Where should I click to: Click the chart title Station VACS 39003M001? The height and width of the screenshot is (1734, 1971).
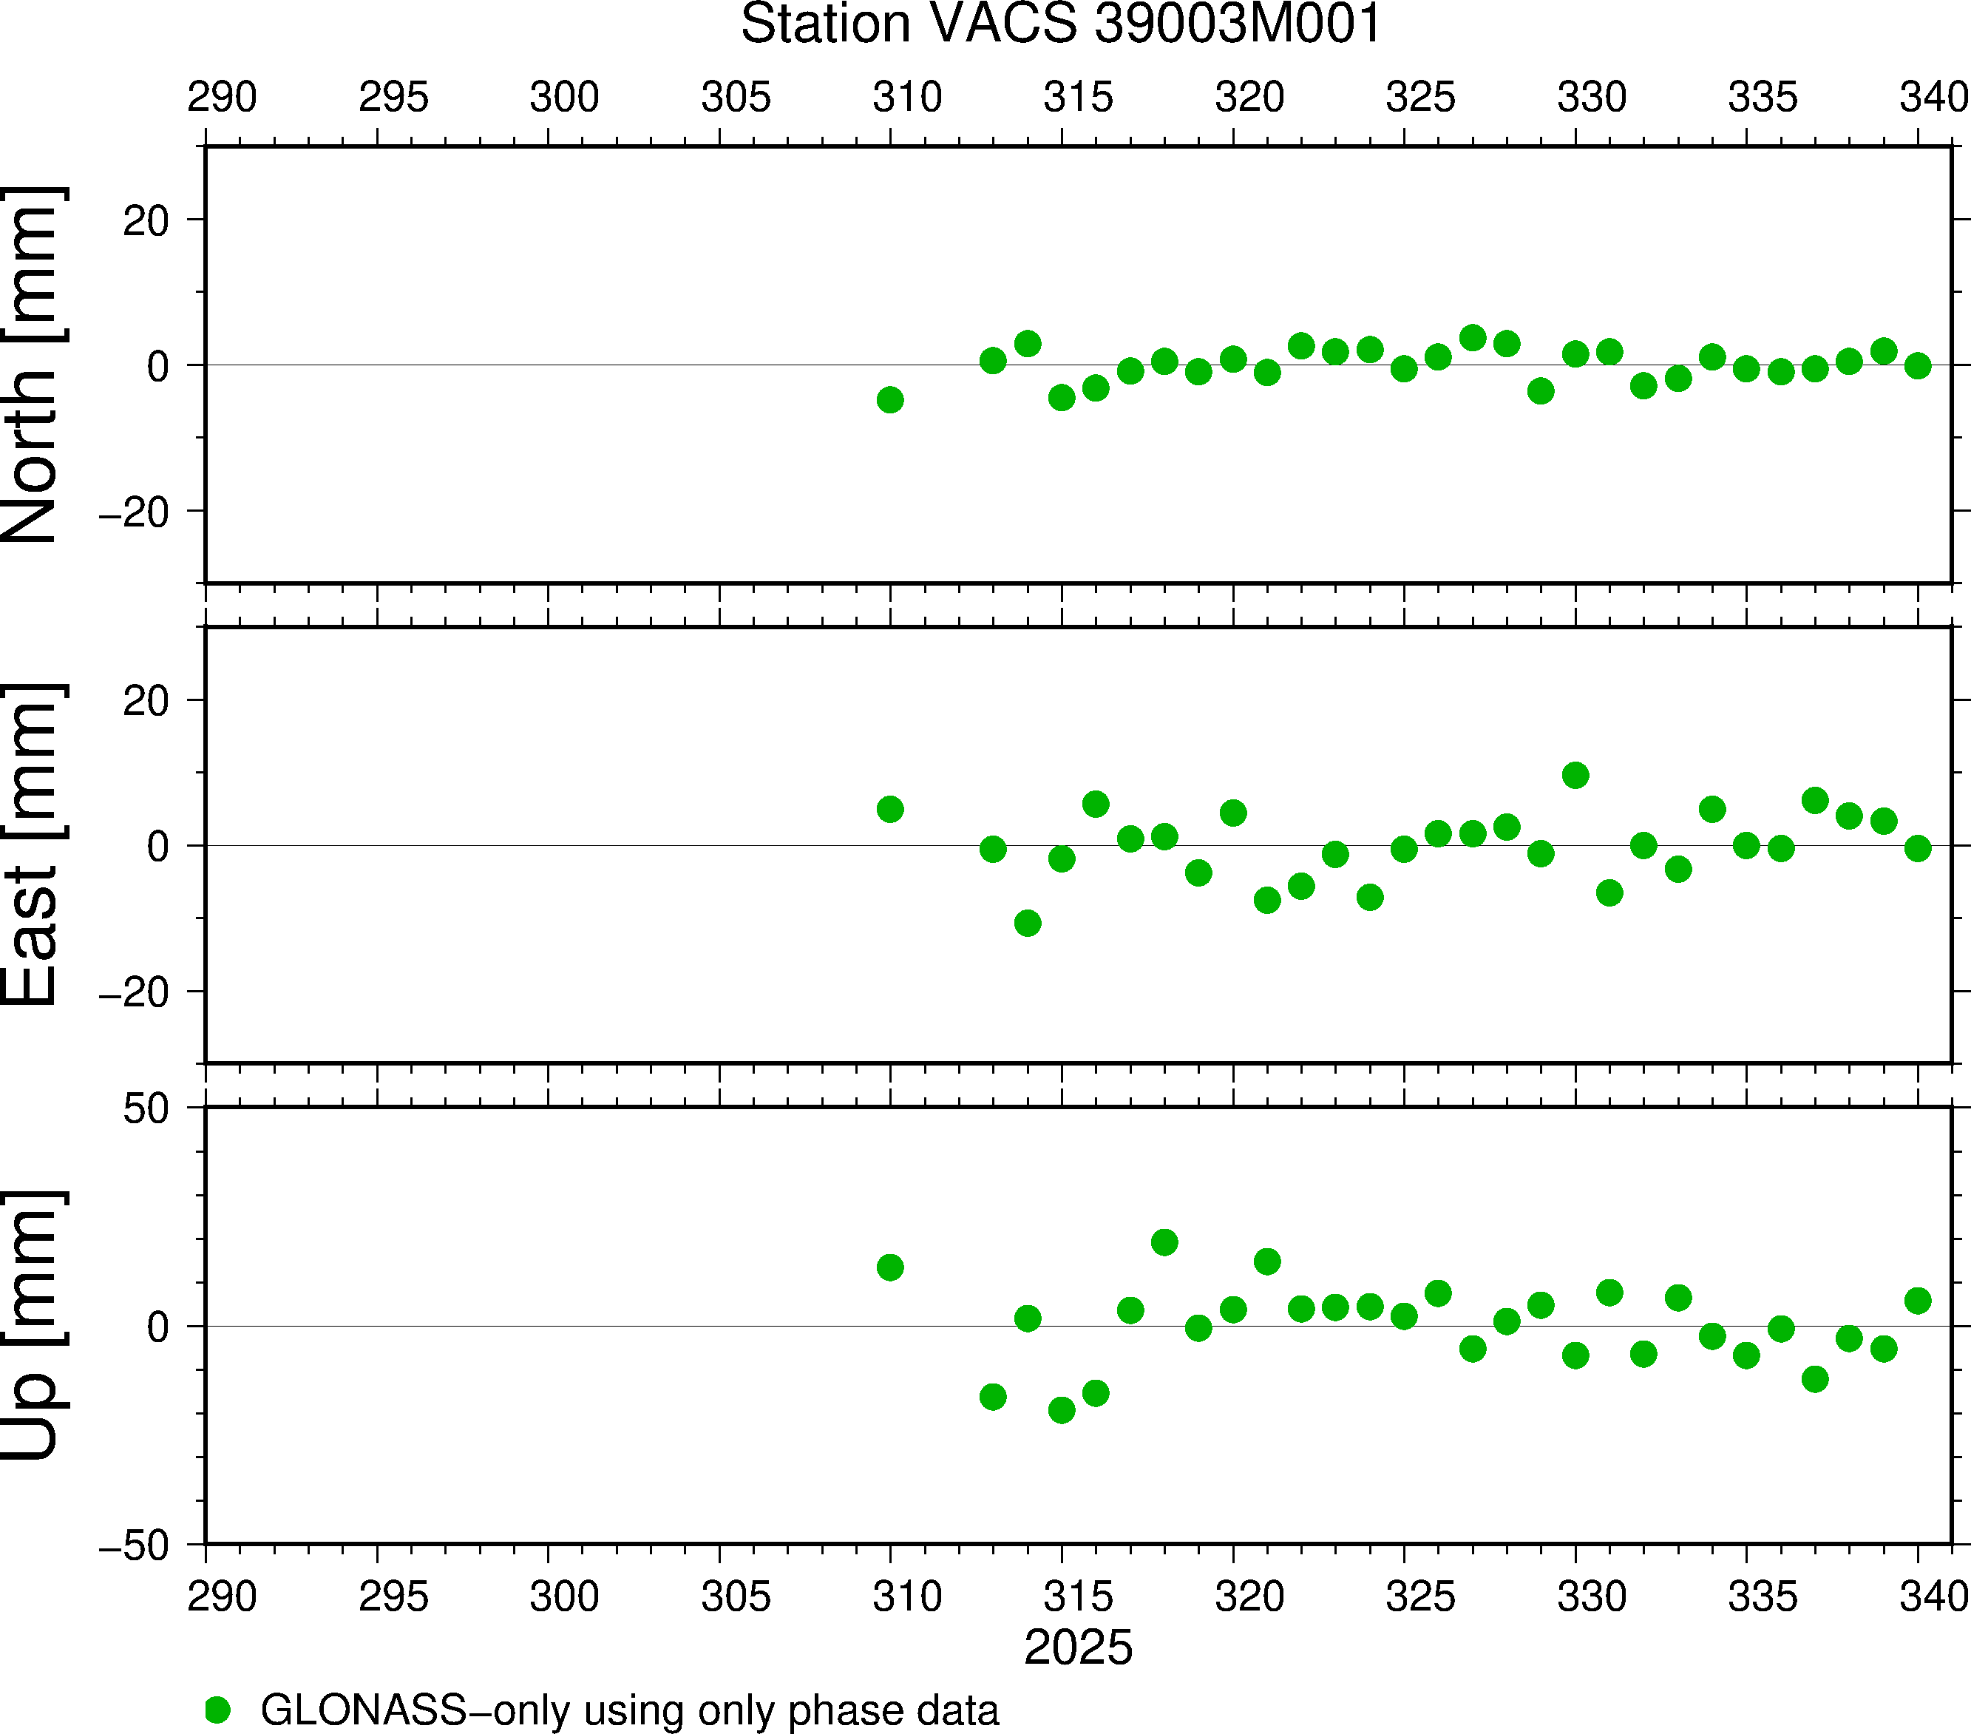coord(1061,24)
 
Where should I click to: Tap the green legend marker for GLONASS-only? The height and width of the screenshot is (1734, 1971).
coord(218,1710)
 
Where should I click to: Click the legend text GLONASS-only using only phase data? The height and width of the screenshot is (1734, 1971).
coord(630,1710)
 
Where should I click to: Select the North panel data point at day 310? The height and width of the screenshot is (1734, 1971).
coord(890,399)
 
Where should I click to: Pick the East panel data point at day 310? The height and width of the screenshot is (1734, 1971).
coord(890,809)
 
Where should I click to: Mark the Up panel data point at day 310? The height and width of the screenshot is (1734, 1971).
coord(890,1267)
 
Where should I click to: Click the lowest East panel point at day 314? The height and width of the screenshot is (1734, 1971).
coord(1027,923)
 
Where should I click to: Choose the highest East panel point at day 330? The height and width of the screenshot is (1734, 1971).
coord(1575,776)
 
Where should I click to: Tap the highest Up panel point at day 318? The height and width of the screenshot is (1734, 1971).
coord(1164,1242)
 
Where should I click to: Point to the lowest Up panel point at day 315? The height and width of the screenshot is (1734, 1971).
coord(1061,1410)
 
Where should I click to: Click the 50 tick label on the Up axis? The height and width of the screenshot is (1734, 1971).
coord(146,1110)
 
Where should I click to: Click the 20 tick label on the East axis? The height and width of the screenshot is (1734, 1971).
coord(146,701)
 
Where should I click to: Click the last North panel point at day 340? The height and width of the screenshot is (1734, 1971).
coord(1917,365)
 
